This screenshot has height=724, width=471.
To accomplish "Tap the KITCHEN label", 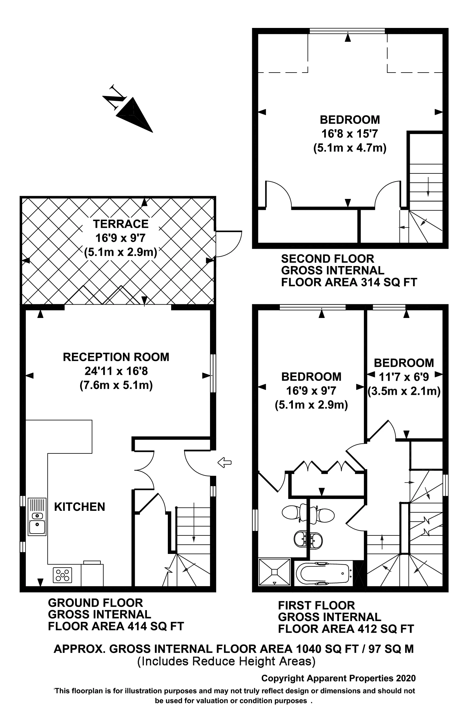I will pyautogui.click(x=80, y=507).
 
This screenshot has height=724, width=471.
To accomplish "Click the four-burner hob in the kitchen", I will pyautogui.click(x=63, y=575).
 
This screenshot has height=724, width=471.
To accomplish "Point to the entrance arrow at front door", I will pyautogui.click(x=224, y=463).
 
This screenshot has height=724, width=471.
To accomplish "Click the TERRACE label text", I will pyautogui.click(x=121, y=224).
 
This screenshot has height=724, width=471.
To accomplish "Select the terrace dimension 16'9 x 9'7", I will pyautogui.click(x=121, y=238).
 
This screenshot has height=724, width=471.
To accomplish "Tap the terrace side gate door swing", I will pyautogui.click(x=229, y=243).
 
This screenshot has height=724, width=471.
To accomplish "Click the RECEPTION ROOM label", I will pyautogui.click(x=116, y=357).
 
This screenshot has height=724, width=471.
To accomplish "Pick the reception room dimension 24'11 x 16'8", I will pyautogui.click(x=116, y=371).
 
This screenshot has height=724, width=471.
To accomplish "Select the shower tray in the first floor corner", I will pyautogui.click(x=274, y=572).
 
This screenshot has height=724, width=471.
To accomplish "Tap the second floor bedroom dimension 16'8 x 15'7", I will pyautogui.click(x=350, y=134).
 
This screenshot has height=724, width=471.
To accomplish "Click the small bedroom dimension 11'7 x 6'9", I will pyautogui.click(x=404, y=377).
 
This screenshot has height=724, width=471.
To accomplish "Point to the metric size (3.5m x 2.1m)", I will pyautogui.click(x=404, y=391).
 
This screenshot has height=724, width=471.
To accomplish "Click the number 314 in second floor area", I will pyautogui.click(x=370, y=282).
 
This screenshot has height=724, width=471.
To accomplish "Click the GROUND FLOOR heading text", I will pyautogui.click(x=95, y=603).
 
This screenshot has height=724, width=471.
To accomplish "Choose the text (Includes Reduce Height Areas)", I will pyautogui.click(x=226, y=661).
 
